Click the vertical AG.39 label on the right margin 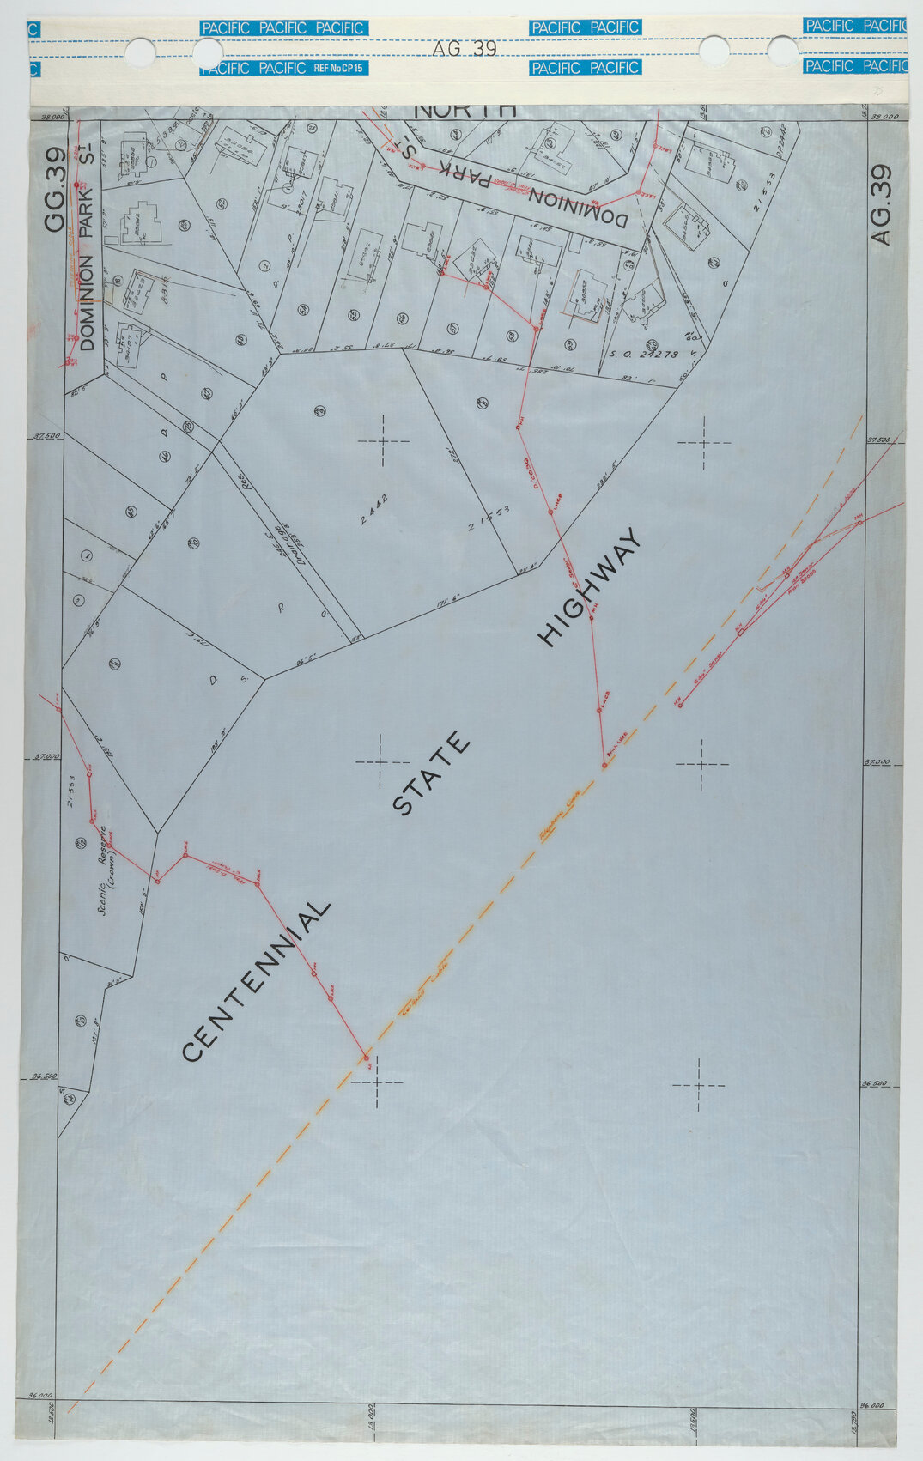click(882, 205)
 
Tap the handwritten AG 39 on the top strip click(465, 49)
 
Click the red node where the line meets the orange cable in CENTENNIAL click(367, 1057)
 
